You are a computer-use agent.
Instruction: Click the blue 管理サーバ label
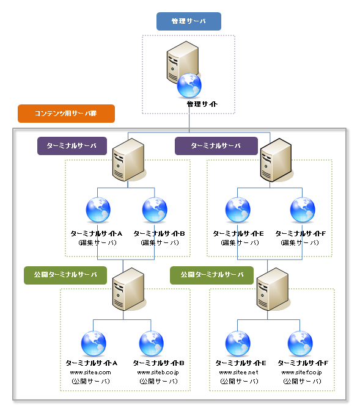tap(188, 21)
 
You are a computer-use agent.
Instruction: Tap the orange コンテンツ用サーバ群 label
tap(66, 114)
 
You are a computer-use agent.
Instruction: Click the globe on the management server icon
tap(189, 85)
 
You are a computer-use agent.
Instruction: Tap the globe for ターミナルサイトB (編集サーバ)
tap(155, 210)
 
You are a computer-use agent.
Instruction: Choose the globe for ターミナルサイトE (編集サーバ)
tap(238, 210)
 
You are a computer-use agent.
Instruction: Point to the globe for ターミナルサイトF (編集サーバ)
tap(302, 210)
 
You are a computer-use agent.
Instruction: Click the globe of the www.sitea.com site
tap(94, 343)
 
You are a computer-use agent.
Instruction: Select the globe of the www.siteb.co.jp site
tap(152, 343)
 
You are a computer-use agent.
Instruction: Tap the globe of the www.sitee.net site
tap(238, 343)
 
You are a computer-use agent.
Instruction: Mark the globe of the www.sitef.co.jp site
tap(300, 343)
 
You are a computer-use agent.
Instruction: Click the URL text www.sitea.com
tap(90, 372)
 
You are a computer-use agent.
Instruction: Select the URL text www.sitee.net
tap(238, 372)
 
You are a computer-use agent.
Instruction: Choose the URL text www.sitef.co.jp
tap(301, 372)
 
